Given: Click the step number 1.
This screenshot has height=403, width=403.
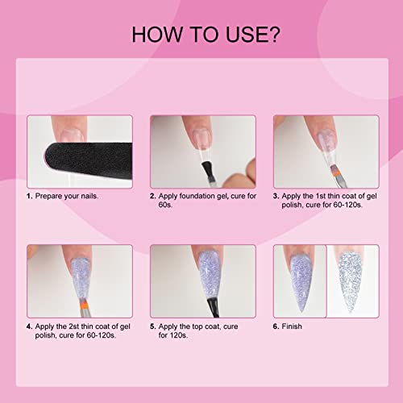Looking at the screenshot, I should tap(30, 196).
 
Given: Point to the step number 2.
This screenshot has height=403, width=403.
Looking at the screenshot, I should tap(153, 196).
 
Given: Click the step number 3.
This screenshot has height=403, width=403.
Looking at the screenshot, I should tap(276, 196).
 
